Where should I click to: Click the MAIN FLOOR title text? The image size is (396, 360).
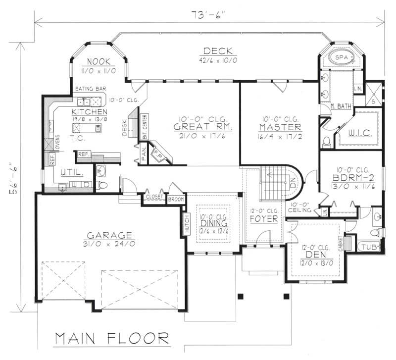pyautogui.click(x=111, y=339)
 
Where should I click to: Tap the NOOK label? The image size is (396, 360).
pyautogui.click(x=102, y=61)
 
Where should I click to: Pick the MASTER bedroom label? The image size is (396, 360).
pyautogui.click(x=279, y=127)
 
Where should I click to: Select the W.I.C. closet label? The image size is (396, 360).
pyautogui.click(x=358, y=132)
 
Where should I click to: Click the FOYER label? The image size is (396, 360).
pyautogui.click(x=263, y=218)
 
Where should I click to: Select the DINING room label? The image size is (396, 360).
pyautogui.click(x=213, y=223)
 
